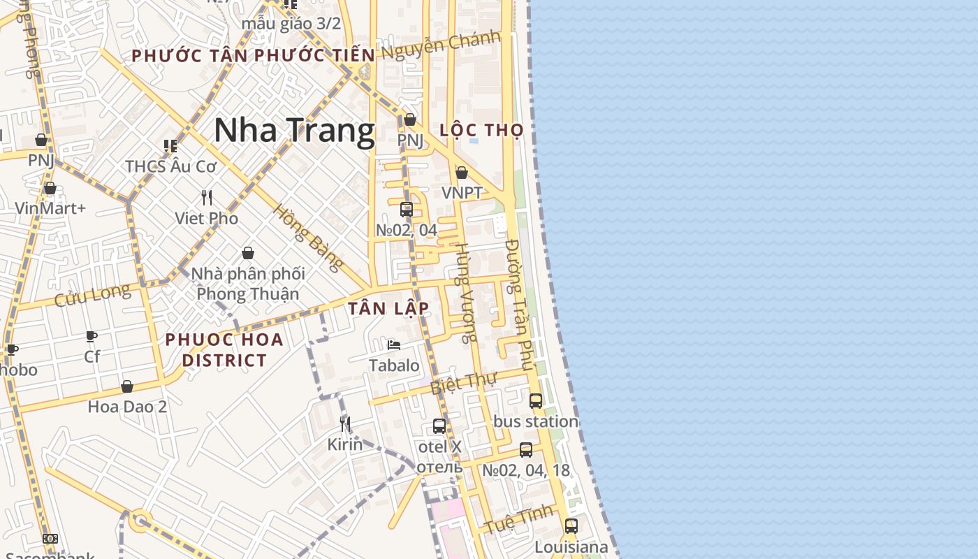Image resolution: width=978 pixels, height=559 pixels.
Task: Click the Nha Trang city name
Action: [294, 131]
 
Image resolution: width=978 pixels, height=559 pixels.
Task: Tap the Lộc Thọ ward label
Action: [482, 130]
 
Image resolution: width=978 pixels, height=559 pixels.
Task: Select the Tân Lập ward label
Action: [388, 308]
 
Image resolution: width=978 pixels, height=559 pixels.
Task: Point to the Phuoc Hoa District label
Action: [224, 349]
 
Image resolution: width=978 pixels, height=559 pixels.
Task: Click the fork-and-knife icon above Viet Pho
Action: [207, 198]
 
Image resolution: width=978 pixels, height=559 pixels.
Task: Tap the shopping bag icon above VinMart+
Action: [50, 188]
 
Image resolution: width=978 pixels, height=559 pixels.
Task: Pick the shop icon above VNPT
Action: [462, 173]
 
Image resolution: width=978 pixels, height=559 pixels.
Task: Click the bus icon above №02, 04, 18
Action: [526, 450]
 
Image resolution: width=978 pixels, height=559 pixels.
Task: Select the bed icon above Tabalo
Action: [394, 344]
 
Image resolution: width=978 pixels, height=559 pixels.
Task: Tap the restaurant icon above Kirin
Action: [345, 423]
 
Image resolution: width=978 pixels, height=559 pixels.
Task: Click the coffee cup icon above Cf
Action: [92, 337]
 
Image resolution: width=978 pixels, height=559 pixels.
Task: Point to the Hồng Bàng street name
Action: [308, 238]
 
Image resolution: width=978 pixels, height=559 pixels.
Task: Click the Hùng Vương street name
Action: [465, 291]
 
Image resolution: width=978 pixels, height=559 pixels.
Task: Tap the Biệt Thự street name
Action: [462, 383]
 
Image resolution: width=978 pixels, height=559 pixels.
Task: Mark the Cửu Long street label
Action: [92, 294]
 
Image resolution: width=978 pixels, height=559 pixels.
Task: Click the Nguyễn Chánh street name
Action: [441, 45]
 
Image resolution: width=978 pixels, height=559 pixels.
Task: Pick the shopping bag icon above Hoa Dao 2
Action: [127, 386]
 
